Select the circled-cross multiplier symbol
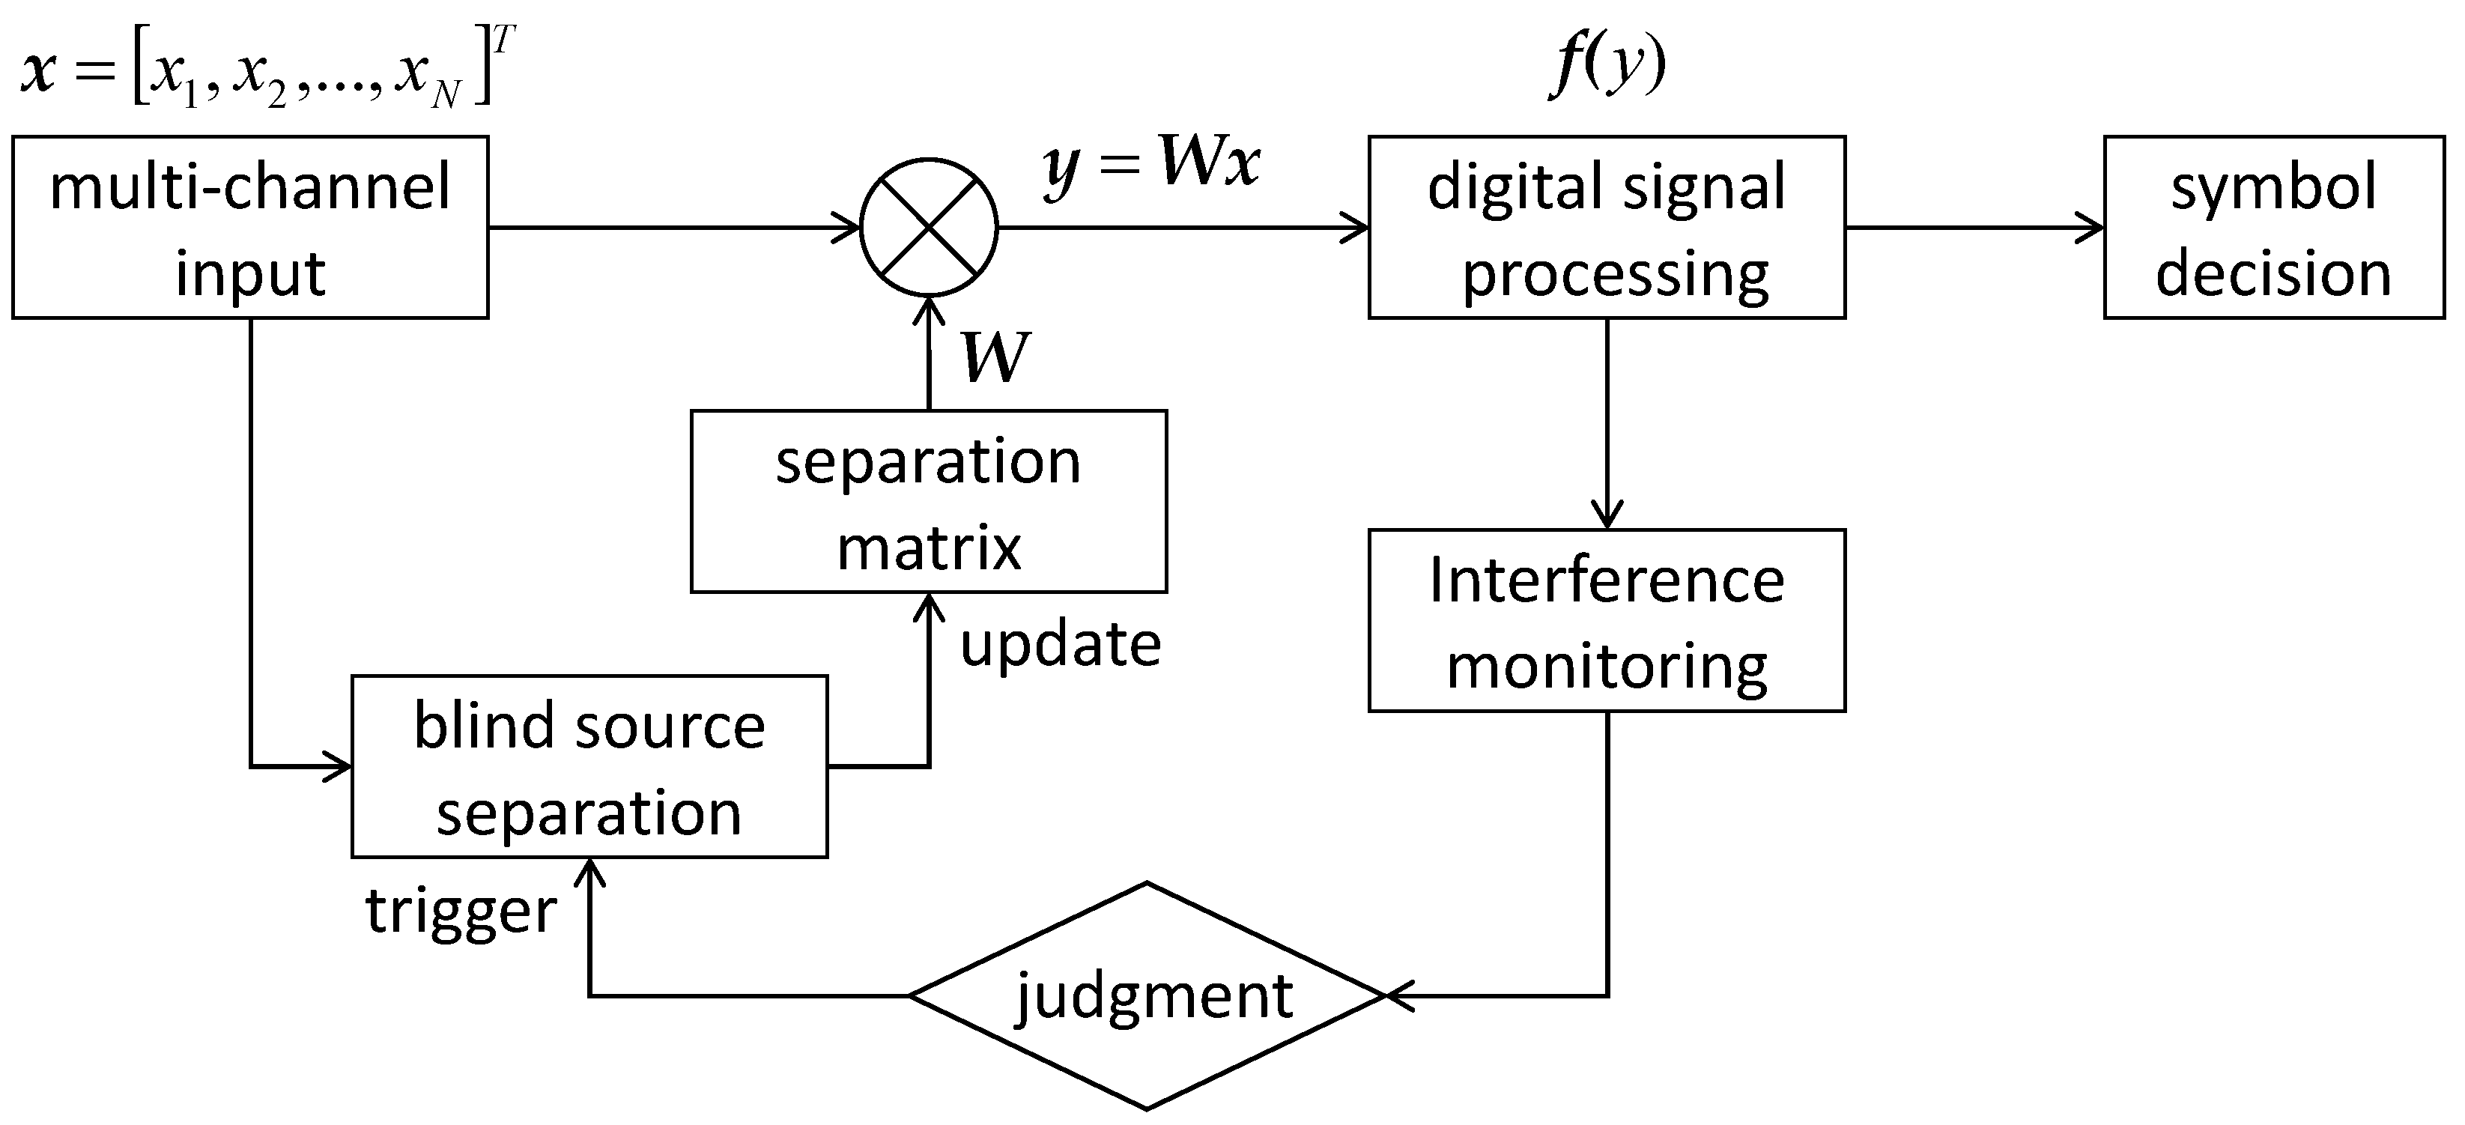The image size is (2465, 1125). [x=928, y=228]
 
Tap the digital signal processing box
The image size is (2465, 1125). [x=1606, y=227]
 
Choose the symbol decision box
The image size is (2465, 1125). [x=2273, y=227]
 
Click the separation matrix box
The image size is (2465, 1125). [x=928, y=501]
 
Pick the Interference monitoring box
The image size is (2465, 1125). [x=1606, y=620]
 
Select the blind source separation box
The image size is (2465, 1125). [x=589, y=766]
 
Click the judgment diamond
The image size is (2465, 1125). [x=1147, y=996]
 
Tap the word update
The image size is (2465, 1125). [x=1061, y=644]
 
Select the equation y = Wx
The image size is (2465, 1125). [x=1152, y=165]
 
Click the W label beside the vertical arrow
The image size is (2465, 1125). [x=995, y=358]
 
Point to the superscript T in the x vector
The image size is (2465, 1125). [x=504, y=40]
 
